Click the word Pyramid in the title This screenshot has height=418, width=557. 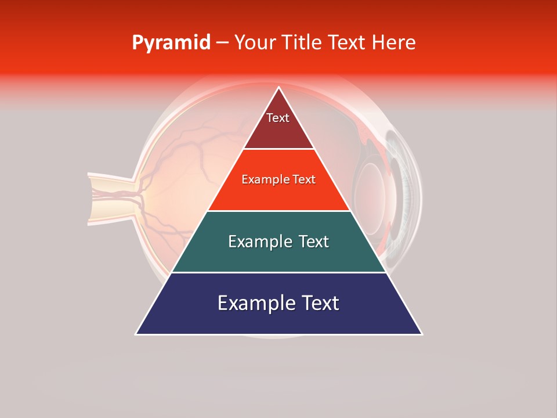pyautogui.click(x=171, y=43)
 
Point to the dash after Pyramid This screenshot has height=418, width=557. pyautogui.click(x=222, y=43)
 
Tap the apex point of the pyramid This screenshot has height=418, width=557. pyautogui.click(x=278, y=87)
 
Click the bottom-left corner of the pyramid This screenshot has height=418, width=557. pyautogui.click(x=136, y=334)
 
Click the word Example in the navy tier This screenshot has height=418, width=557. pyautogui.click(x=253, y=303)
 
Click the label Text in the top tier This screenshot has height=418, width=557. pyautogui.click(x=278, y=118)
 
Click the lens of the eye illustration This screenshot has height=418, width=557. pyautogui.click(x=371, y=192)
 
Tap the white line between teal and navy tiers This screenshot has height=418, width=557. pyautogui.click(x=278, y=272)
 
